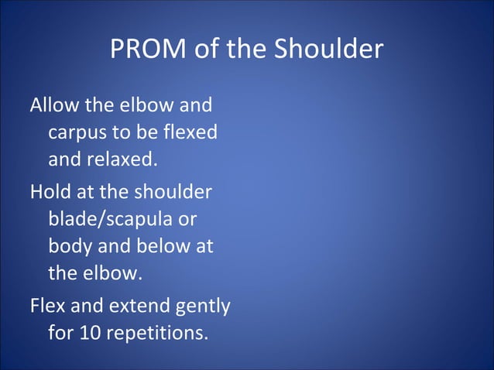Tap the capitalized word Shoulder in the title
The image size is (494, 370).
point(328,50)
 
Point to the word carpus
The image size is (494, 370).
point(76,133)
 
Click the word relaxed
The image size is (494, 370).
point(122,161)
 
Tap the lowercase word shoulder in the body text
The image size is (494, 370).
point(174,191)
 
